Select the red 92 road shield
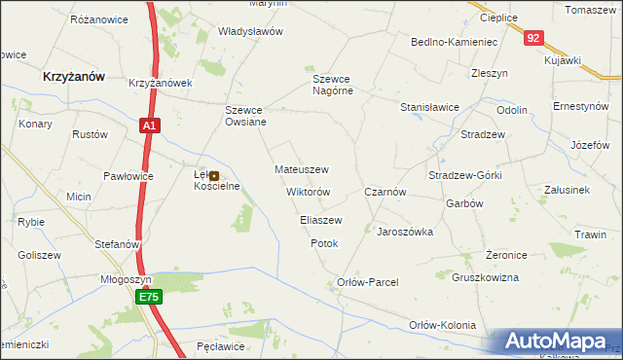coord(531,38)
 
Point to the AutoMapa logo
coord(555,342)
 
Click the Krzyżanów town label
coord(74,75)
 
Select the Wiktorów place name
coord(309,192)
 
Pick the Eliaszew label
coord(321,221)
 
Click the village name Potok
coord(324,243)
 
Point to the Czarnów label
coord(385,193)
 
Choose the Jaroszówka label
coord(405,233)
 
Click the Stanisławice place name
coord(429,108)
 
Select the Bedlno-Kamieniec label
coord(455,43)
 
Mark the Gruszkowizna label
coord(486,277)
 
